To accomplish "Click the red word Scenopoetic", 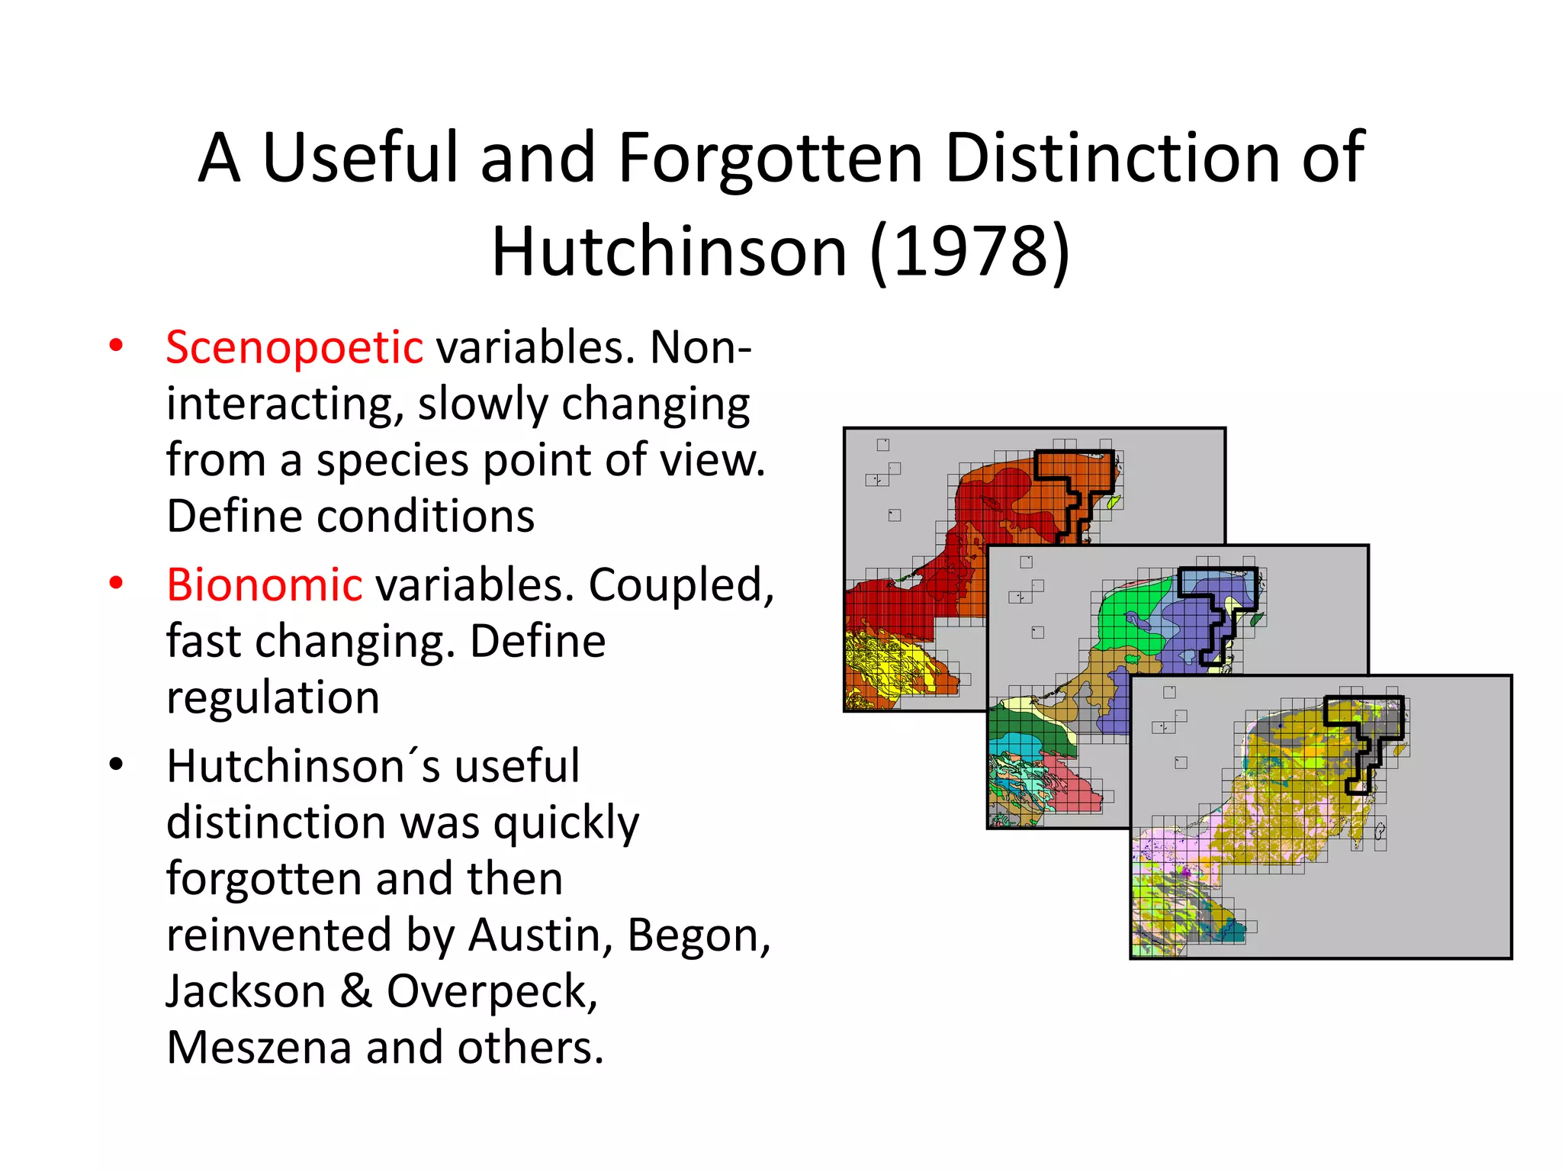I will (x=294, y=348).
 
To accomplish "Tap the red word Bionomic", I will (x=264, y=585).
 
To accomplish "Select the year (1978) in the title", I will (x=971, y=252).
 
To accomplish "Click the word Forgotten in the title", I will (x=770, y=158).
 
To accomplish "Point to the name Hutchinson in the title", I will (x=669, y=252).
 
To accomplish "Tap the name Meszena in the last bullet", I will (x=259, y=1047).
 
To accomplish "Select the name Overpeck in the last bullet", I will (x=491, y=991).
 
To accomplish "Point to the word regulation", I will (x=273, y=697).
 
